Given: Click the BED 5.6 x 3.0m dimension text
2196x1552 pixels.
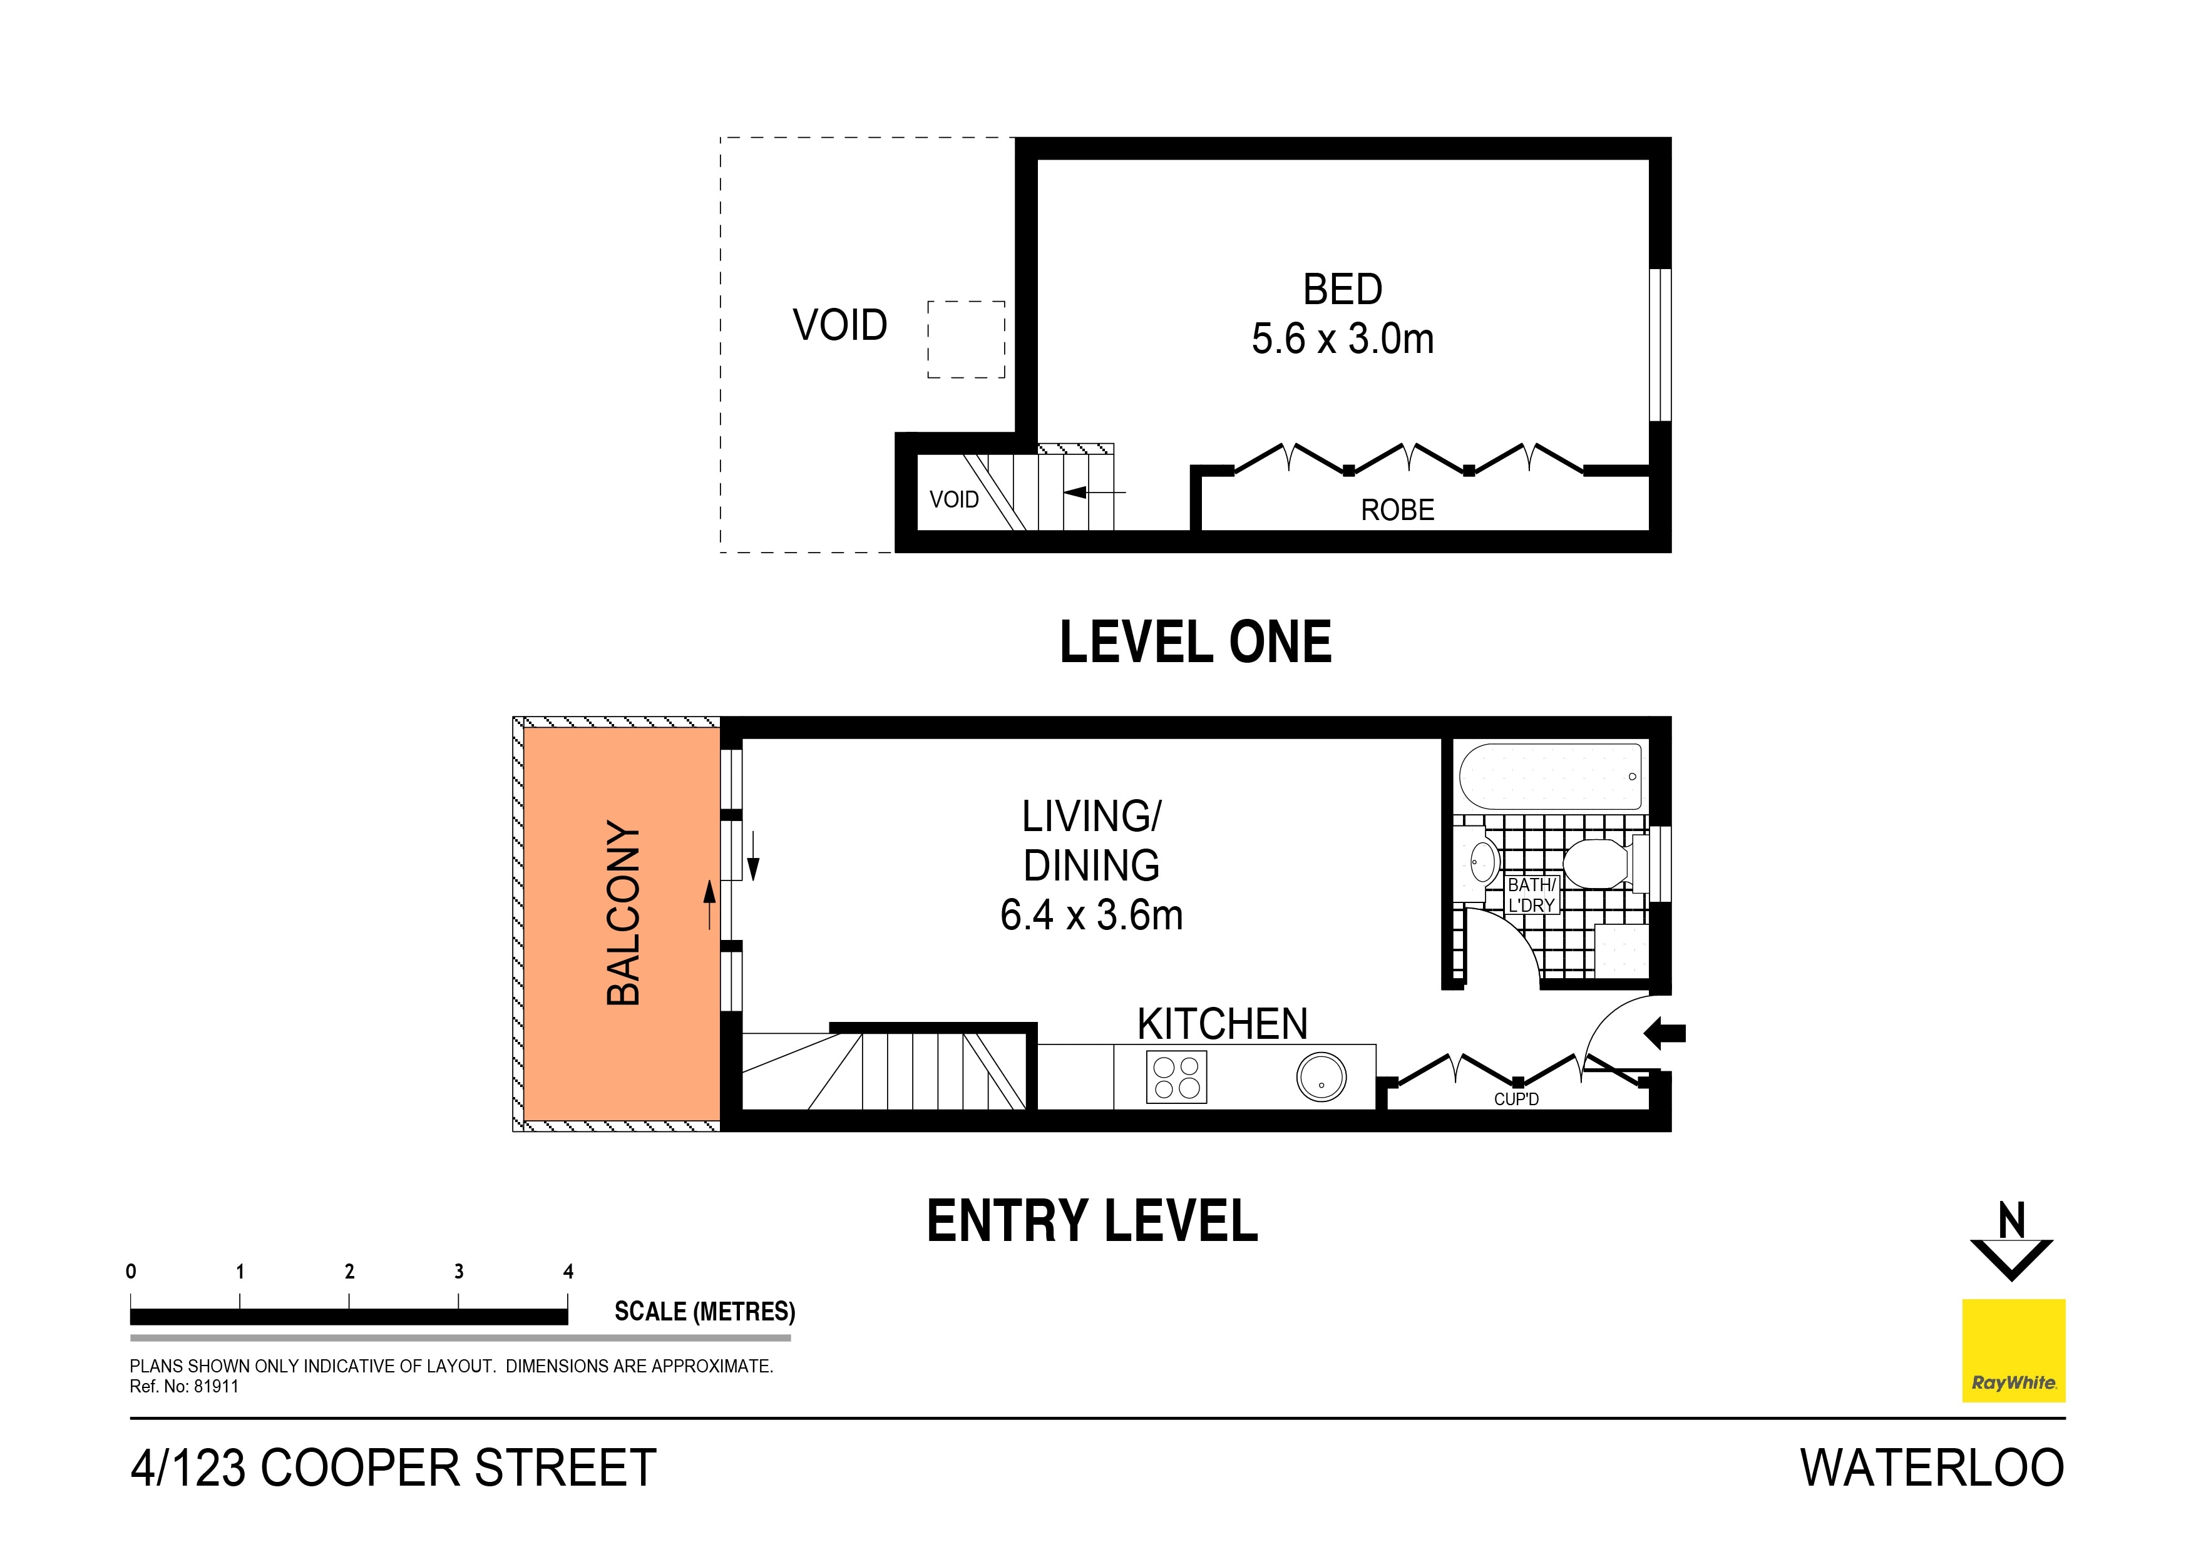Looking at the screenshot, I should [x=1342, y=339].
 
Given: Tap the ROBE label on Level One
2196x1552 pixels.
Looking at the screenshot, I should [x=1397, y=509].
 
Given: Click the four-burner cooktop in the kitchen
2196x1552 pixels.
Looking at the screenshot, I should [x=1176, y=1077].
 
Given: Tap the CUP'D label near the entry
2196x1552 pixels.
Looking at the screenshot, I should [x=1516, y=1100].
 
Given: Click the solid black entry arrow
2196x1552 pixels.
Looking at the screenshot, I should [x=1665, y=1033].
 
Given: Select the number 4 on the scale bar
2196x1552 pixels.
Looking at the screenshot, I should [x=568, y=1271].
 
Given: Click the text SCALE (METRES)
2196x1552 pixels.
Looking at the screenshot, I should [x=704, y=1311].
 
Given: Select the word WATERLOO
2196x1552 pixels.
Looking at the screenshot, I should [x=1931, y=1468].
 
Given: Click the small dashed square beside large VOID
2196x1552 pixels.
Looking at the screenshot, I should [x=965, y=339].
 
